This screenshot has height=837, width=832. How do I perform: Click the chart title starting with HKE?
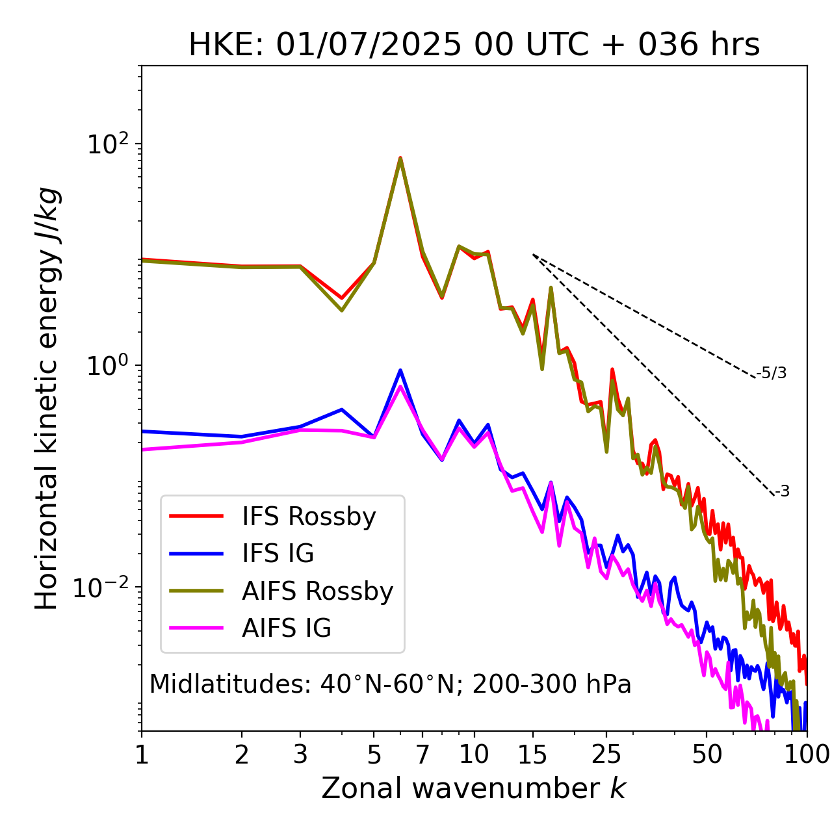pyautogui.click(x=474, y=45)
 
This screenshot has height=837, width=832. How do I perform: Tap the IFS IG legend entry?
pyautogui.click(x=278, y=554)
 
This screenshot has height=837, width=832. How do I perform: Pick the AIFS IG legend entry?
pyautogui.click(x=286, y=628)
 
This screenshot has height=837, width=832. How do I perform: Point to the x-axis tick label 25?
pyautogui.click(x=606, y=754)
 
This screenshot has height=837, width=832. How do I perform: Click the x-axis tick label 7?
pyautogui.click(x=422, y=754)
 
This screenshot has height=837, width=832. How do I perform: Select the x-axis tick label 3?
pyautogui.click(x=300, y=754)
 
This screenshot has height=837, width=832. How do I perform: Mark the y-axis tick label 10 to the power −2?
pyautogui.click(x=104, y=587)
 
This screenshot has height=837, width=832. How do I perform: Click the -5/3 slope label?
pyautogui.click(x=772, y=373)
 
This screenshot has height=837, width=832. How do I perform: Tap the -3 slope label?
pyautogui.click(x=782, y=491)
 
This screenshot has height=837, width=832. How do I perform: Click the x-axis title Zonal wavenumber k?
pyautogui.click(x=474, y=788)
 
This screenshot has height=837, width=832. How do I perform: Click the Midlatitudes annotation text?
pyautogui.click(x=390, y=684)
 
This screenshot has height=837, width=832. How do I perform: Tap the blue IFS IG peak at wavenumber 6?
pyautogui.click(x=400, y=370)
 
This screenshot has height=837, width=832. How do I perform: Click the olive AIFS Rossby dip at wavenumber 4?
pyautogui.click(x=341, y=310)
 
